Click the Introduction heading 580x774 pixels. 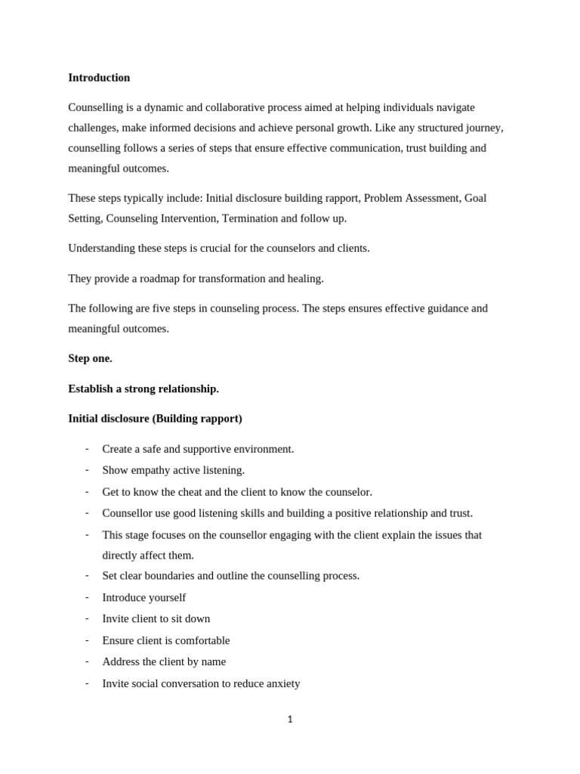[x=99, y=78]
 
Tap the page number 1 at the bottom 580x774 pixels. [x=290, y=720]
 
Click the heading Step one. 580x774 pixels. [x=90, y=358]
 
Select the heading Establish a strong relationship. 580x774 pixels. [x=143, y=389]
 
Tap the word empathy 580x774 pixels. [x=153, y=470]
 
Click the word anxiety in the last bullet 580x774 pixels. [x=281, y=683]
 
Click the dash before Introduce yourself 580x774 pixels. [x=87, y=597]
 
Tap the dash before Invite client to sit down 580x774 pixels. [x=87, y=618]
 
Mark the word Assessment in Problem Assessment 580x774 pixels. [x=431, y=198]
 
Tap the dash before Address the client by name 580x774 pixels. [x=87, y=661]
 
